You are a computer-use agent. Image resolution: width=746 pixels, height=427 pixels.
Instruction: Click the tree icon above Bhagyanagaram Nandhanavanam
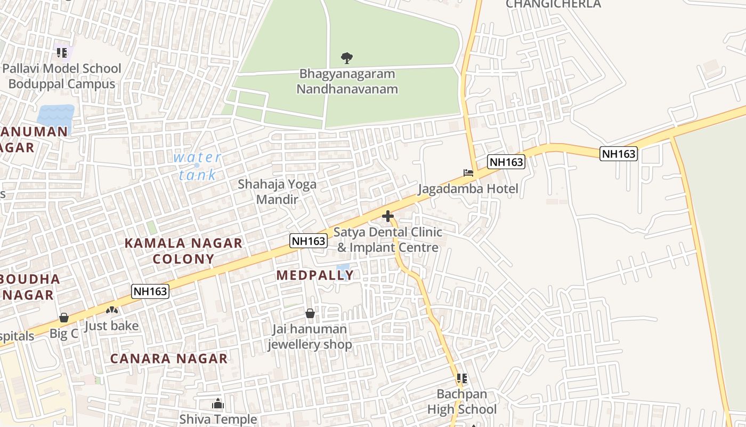(347, 57)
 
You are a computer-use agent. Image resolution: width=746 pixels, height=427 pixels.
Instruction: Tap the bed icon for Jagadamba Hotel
(468, 172)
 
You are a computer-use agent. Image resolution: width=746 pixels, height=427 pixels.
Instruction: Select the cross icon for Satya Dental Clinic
(388, 216)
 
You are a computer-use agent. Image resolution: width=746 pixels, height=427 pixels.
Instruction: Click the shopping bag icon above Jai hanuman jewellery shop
(310, 313)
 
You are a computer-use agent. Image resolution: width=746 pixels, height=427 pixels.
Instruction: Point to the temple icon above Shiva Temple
(217, 404)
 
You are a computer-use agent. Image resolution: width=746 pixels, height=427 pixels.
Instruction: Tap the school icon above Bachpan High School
(462, 378)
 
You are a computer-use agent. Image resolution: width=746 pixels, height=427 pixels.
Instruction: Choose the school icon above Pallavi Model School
(62, 52)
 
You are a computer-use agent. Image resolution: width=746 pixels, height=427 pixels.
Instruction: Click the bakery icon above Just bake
(112, 310)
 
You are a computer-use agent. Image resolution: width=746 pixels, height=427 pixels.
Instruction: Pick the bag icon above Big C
(64, 318)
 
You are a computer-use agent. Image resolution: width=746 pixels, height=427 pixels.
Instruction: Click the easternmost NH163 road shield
(619, 154)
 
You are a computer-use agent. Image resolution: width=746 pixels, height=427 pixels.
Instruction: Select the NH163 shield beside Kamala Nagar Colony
(309, 241)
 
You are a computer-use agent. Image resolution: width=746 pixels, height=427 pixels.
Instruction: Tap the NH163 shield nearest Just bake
(150, 291)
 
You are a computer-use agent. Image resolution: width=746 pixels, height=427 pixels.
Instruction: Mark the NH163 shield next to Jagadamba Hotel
(506, 162)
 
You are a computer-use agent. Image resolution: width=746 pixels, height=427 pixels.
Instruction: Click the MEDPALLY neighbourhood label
(315, 275)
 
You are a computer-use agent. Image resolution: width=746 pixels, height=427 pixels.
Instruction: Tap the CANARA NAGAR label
(169, 359)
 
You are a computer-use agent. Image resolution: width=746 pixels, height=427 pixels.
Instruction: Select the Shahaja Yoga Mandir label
(277, 192)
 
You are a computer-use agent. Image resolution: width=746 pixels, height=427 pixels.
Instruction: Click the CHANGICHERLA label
(553, 4)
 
